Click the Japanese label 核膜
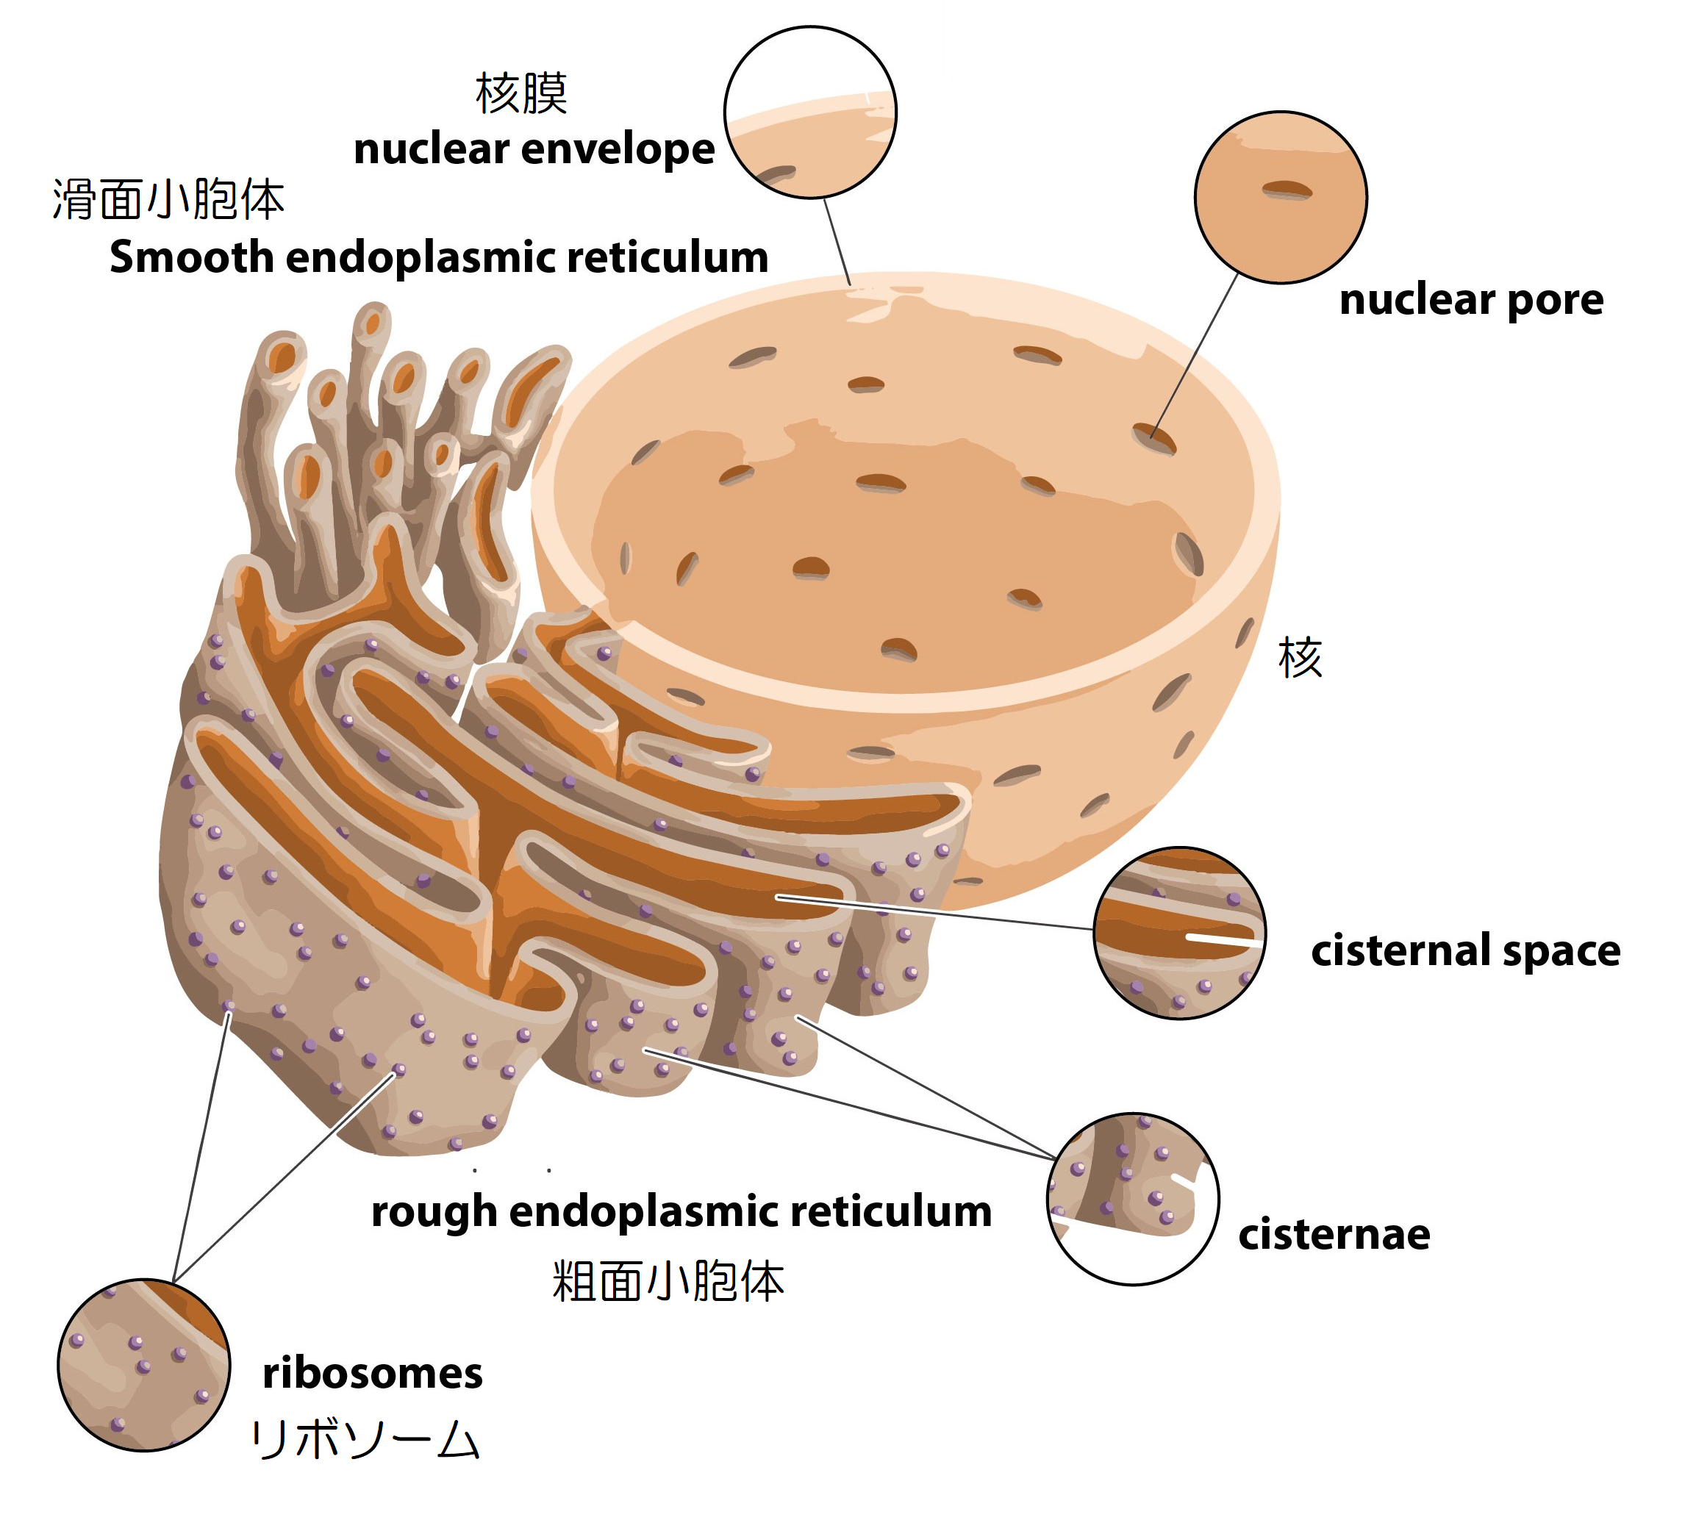click(x=520, y=93)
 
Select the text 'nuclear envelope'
click(x=534, y=149)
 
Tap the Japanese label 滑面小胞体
click(x=168, y=200)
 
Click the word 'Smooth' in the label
click(x=190, y=257)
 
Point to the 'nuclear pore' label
click(x=1470, y=299)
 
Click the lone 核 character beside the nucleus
click(x=1299, y=657)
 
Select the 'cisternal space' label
click(x=1464, y=950)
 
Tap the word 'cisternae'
click(x=1334, y=1233)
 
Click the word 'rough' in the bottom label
click(x=434, y=1211)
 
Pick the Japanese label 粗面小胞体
click(x=668, y=1281)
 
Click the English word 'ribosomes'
click(x=372, y=1373)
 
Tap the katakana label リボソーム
click(x=365, y=1439)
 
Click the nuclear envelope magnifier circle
click(x=809, y=112)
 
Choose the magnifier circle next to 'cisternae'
click(x=1132, y=1200)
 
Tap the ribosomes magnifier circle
click(x=143, y=1365)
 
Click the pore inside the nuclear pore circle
click(x=1287, y=190)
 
